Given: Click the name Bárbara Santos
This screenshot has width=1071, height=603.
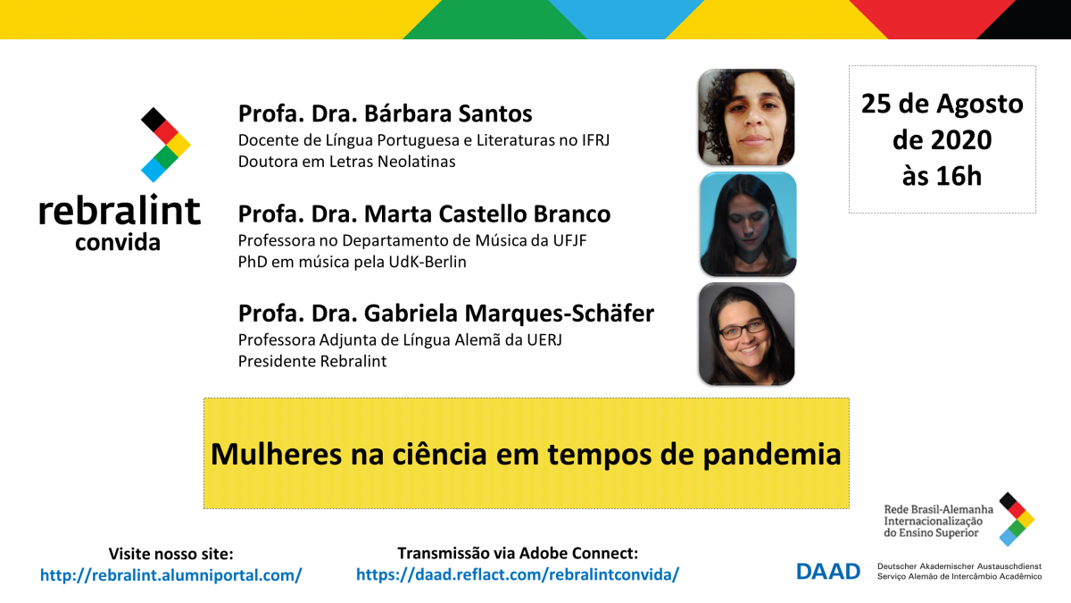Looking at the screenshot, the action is (448, 114).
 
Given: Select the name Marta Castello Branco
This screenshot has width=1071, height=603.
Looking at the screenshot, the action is (487, 214).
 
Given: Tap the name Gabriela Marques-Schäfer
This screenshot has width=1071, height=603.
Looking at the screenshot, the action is (510, 314).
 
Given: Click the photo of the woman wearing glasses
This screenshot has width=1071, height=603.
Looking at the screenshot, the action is (746, 334).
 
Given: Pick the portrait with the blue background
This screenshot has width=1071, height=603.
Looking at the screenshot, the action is (748, 224).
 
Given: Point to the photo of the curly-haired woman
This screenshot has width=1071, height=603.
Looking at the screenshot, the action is (746, 117).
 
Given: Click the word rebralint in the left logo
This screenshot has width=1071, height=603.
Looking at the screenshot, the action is (120, 210).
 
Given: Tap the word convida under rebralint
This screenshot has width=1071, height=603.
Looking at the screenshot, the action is (118, 242).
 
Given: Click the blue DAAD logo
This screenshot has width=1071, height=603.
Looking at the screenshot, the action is (828, 572).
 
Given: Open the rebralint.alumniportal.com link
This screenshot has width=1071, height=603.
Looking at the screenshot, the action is (170, 574).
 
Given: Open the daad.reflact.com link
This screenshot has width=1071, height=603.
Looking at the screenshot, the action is (518, 574).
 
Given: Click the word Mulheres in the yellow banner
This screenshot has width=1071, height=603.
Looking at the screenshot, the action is (276, 454).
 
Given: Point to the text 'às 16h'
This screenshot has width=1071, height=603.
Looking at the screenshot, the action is (942, 176).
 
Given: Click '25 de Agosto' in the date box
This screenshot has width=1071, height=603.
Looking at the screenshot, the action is (942, 105).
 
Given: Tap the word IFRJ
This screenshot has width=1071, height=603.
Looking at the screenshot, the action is (596, 140).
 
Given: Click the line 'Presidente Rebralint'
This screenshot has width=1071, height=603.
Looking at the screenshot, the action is (312, 361).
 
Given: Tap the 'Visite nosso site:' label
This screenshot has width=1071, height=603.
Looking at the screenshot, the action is (170, 554).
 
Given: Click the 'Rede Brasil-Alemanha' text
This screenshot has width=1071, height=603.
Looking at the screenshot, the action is (938, 510).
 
